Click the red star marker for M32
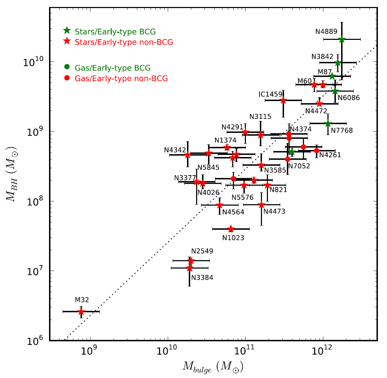(x=81, y=311)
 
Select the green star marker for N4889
(x=342, y=39)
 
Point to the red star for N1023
(x=231, y=229)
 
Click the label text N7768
(x=342, y=131)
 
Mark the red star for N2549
(x=191, y=261)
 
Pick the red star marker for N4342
(x=188, y=155)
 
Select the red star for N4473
(x=261, y=205)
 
